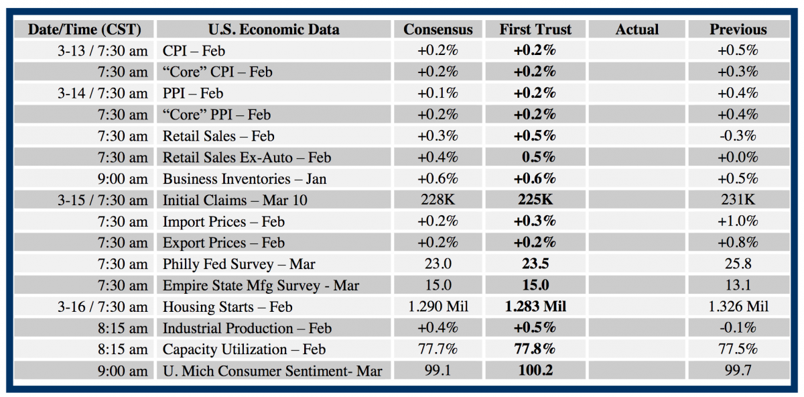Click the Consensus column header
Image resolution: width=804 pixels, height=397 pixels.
(438, 30)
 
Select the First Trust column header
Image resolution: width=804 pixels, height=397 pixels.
(535, 30)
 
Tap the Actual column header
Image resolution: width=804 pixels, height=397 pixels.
(636, 30)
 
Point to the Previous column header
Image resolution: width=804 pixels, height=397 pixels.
(738, 30)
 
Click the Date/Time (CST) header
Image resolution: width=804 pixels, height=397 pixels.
(84, 30)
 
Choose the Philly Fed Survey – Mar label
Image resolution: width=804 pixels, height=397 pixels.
(239, 264)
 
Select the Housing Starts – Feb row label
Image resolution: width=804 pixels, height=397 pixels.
(228, 307)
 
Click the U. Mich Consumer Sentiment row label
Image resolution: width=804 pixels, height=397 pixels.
(273, 371)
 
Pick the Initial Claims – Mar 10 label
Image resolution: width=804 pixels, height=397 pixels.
(235, 201)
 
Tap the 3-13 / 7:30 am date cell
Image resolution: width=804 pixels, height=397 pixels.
(103, 50)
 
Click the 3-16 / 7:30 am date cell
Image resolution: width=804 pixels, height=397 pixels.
(103, 307)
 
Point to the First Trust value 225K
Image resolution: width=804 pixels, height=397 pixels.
(535, 201)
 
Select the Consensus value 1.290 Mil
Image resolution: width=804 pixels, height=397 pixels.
(438, 307)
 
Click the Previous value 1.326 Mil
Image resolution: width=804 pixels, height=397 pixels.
(738, 307)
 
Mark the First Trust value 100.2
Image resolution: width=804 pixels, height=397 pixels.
(535, 371)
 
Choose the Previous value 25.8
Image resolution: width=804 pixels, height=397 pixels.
(738, 264)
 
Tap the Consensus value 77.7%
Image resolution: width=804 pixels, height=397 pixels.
(438, 349)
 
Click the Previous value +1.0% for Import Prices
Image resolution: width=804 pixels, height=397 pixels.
(738, 221)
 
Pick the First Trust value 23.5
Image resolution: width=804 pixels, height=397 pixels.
(535, 264)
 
